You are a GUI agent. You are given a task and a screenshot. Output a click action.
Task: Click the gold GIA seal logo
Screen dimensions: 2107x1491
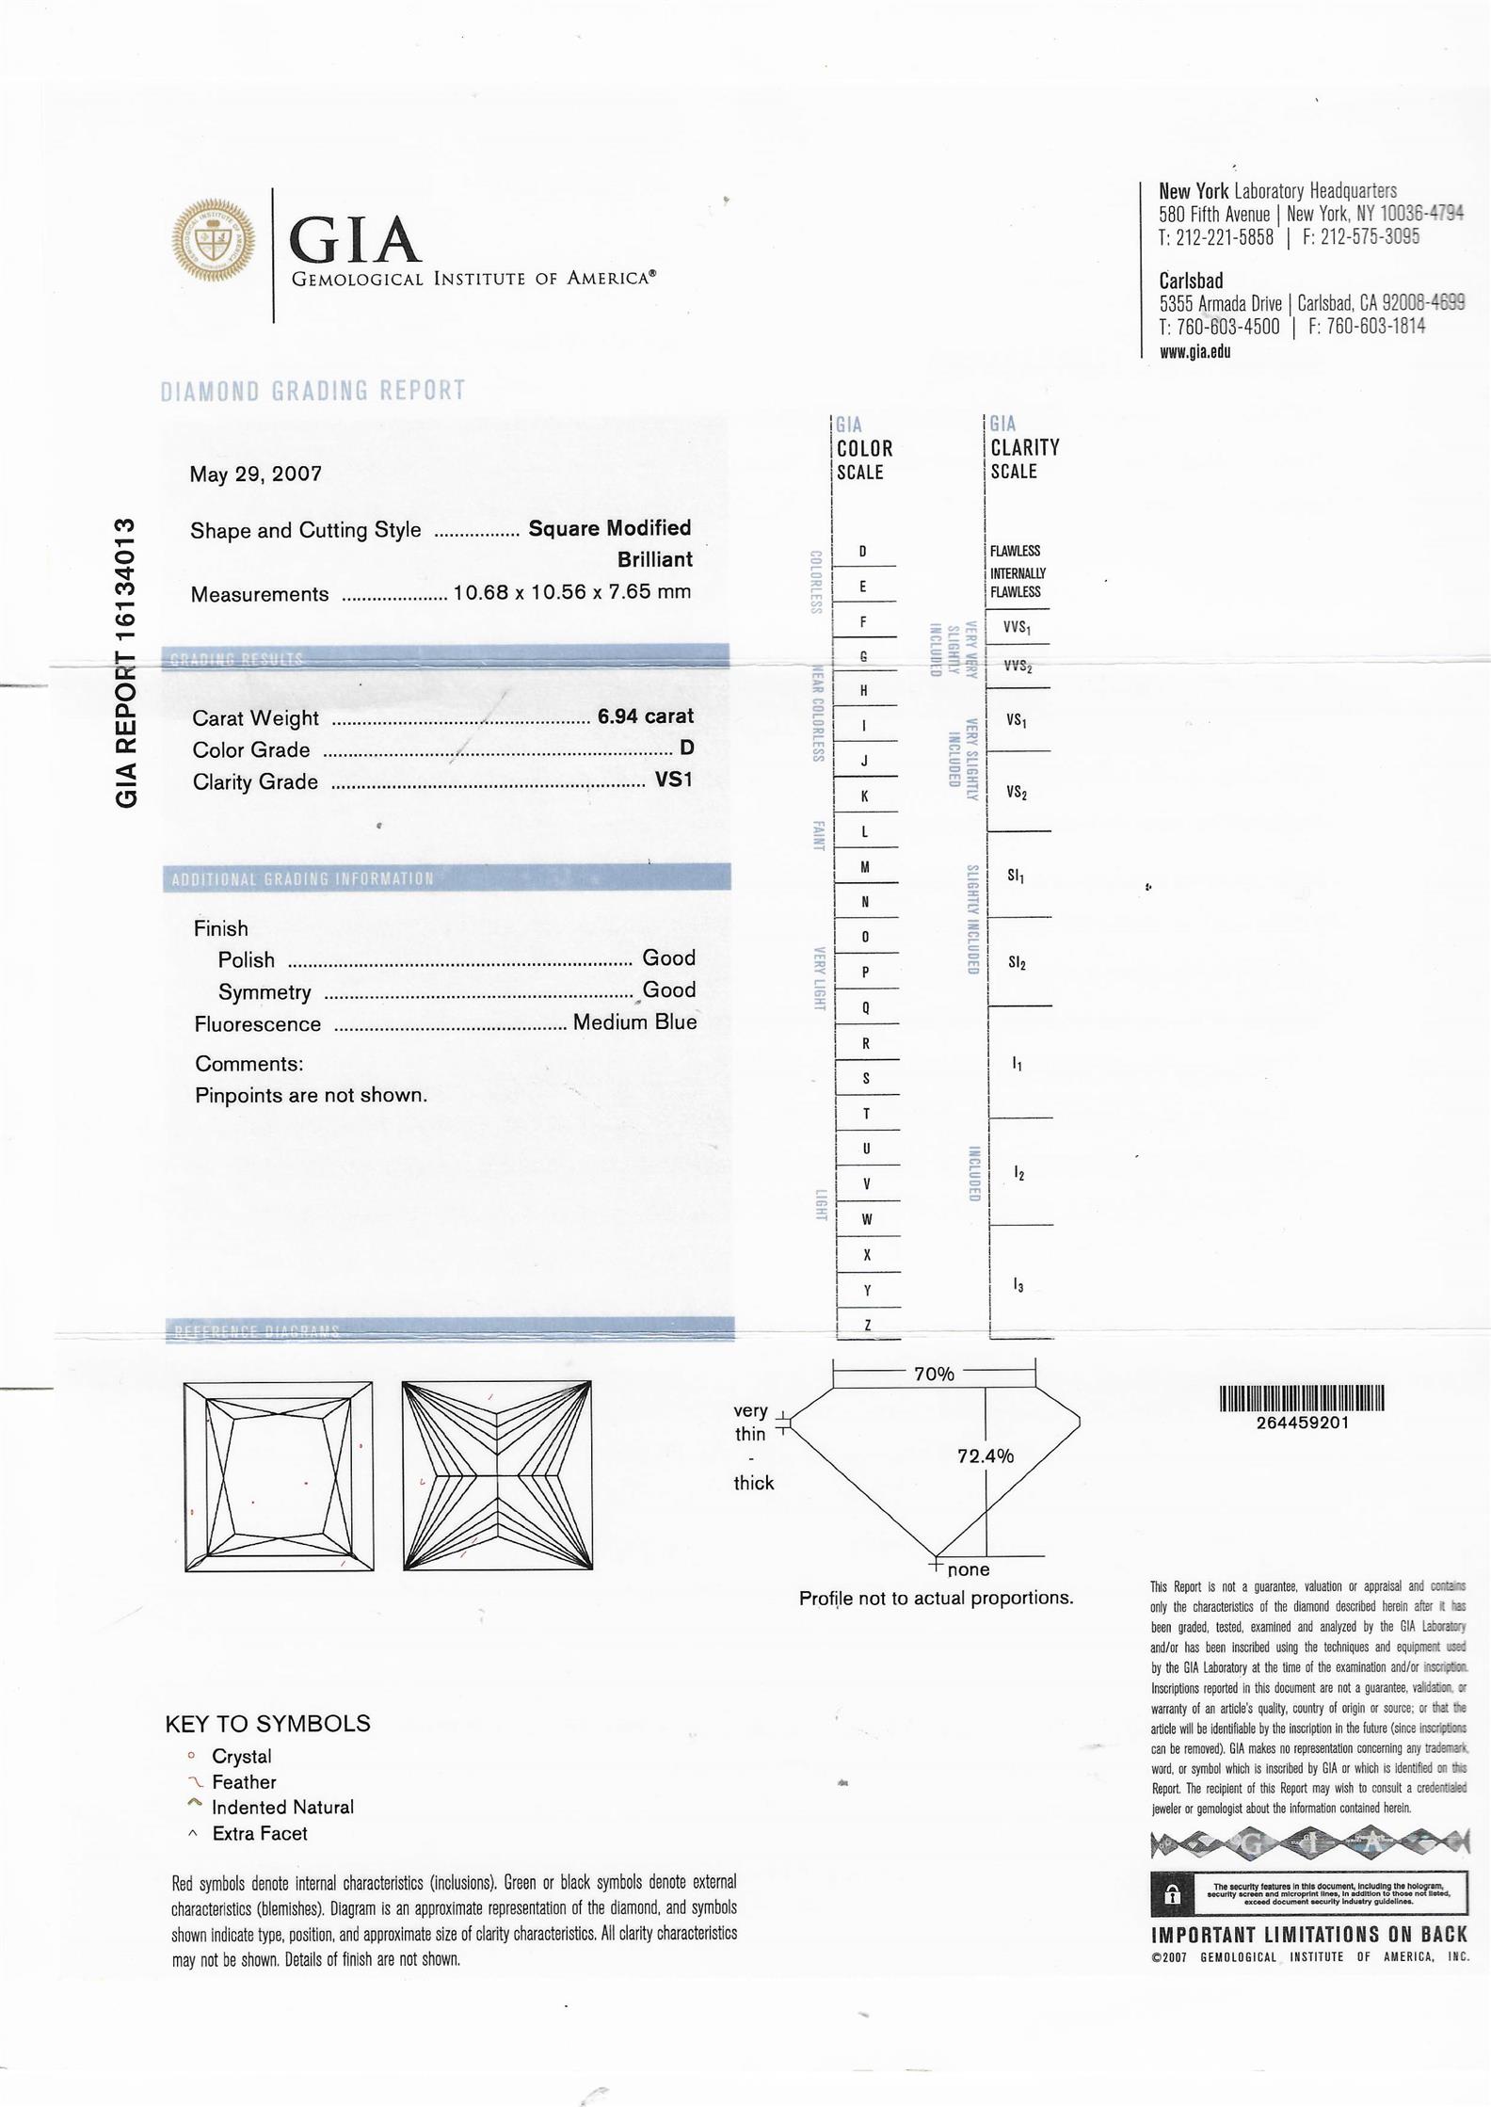point(214,240)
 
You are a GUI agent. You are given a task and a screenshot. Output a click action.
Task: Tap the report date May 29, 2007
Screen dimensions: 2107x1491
point(256,474)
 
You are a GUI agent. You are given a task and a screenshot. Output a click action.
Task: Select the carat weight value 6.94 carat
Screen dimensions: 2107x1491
point(646,716)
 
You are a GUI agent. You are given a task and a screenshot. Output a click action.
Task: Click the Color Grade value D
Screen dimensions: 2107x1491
point(687,748)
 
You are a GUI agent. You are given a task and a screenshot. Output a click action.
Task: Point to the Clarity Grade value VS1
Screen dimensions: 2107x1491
point(674,780)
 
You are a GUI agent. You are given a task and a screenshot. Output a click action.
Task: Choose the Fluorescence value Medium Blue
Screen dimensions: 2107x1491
point(634,1022)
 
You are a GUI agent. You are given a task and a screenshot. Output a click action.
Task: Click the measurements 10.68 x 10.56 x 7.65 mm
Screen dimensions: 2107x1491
point(572,592)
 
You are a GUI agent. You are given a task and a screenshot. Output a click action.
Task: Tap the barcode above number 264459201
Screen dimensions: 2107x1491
point(1302,1399)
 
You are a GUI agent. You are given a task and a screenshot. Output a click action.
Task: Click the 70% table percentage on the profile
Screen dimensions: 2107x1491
point(934,1375)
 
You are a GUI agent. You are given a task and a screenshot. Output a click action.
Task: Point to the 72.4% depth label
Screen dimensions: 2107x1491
point(986,1456)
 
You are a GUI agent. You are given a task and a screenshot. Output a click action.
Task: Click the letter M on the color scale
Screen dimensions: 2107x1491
point(866,866)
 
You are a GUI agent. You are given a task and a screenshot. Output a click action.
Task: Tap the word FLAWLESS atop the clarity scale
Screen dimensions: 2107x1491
point(1015,551)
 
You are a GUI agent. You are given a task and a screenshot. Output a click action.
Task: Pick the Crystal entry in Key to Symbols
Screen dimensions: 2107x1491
point(241,1757)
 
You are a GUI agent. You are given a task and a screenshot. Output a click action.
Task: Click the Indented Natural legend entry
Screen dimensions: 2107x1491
point(282,1808)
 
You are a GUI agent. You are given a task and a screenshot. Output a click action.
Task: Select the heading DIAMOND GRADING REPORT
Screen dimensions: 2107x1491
point(313,391)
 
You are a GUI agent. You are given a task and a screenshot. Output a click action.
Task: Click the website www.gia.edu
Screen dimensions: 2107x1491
point(1194,351)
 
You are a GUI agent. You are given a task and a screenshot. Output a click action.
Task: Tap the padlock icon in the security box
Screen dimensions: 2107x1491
point(1171,1892)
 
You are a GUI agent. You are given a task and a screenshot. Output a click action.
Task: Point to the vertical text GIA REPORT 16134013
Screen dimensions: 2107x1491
point(127,662)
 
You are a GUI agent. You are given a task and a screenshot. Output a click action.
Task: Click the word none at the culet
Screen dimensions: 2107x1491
point(969,1570)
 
